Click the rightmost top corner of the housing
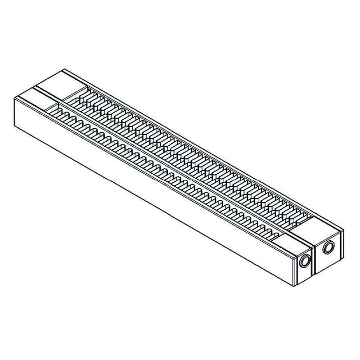(x=344, y=229)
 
